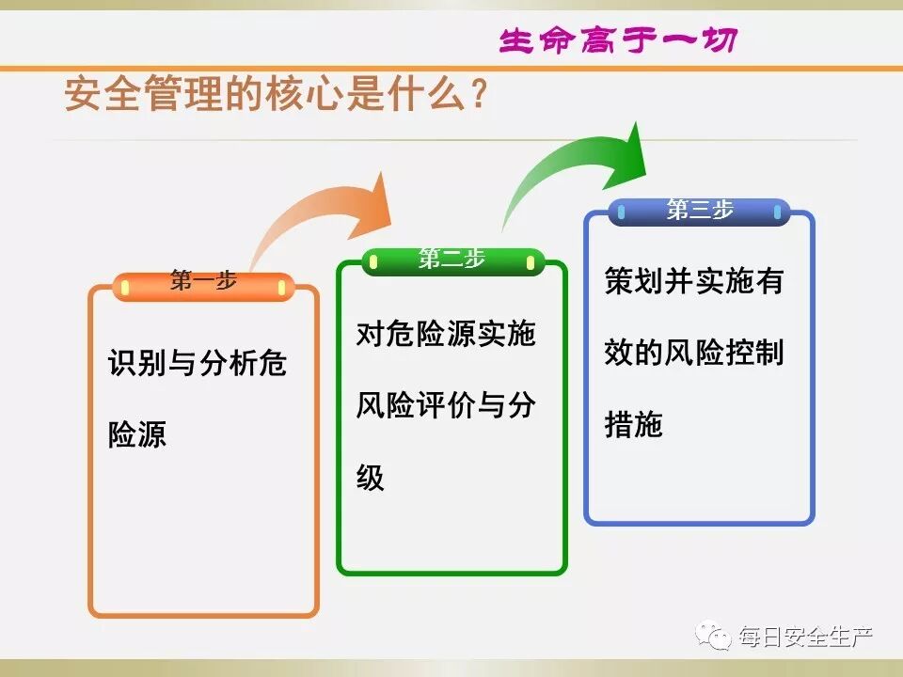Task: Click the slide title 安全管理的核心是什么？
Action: pos(275,96)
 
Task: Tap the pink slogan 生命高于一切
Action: pos(617,40)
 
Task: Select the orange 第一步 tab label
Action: pos(203,281)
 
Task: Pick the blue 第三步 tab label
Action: pos(699,211)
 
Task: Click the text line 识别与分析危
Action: pos(198,363)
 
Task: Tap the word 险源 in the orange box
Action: pos(137,434)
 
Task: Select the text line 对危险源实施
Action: pos(445,334)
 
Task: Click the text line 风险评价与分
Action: pos(445,405)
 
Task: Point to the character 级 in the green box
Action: pos(371,478)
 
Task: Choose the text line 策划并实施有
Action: pos(693,281)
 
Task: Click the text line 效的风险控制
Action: pos(693,353)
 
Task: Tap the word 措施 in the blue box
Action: pos(633,425)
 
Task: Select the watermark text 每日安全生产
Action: pos(806,637)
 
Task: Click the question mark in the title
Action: pos(478,96)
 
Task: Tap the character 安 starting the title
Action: pos(82,96)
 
